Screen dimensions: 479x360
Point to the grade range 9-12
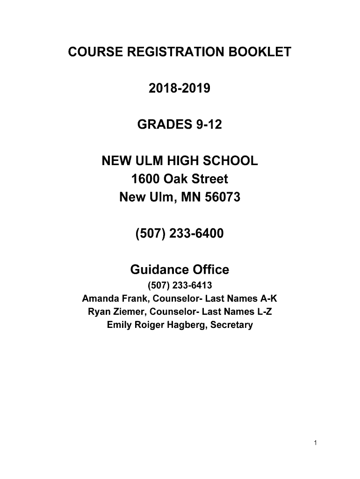click(209, 125)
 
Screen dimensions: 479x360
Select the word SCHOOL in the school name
click(231, 162)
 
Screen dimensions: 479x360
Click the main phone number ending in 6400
click(180, 233)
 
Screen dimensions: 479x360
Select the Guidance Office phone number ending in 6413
click(180, 286)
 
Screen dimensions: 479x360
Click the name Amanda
click(101, 299)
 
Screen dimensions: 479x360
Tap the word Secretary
click(231, 325)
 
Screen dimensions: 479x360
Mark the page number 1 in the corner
click(316, 443)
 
